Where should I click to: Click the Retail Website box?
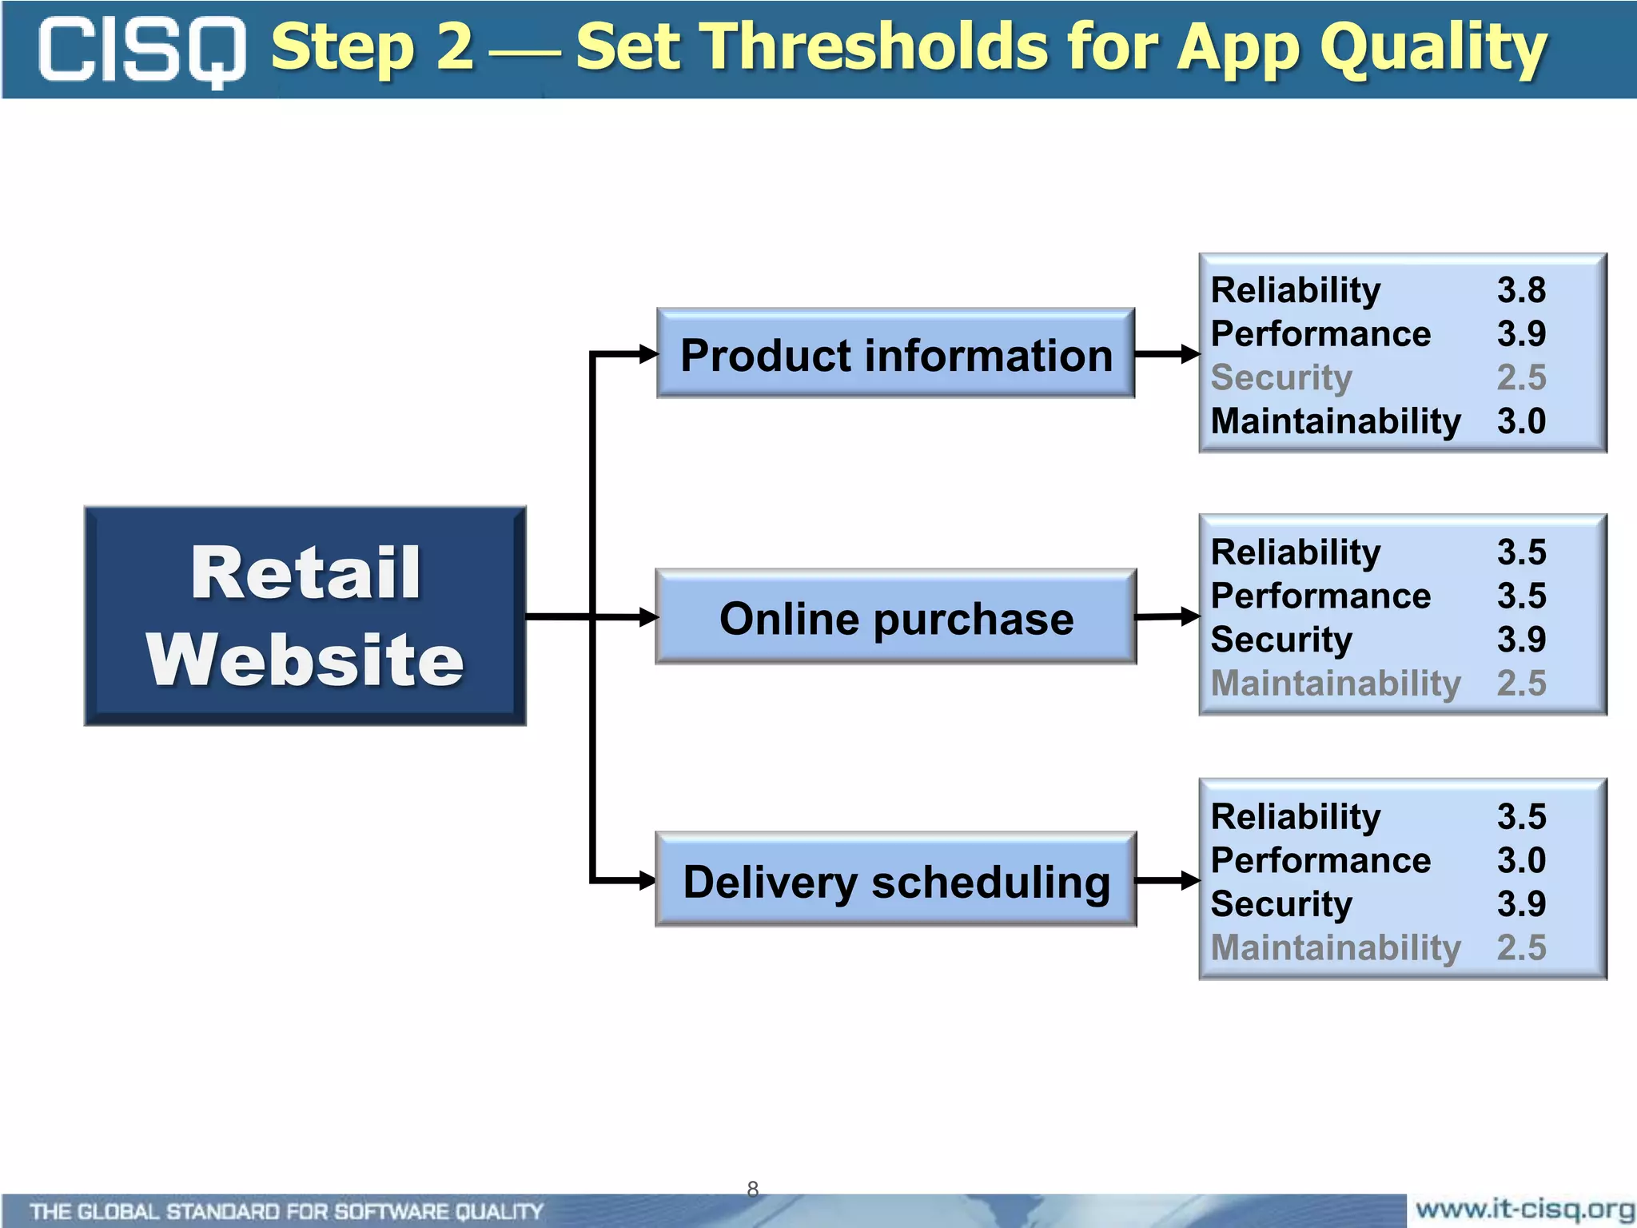pos(305,616)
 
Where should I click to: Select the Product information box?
pos(895,353)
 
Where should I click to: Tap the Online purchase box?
pos(895,617)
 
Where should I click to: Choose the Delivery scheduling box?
pos(895,880)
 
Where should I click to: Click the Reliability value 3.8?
pos(1520,290)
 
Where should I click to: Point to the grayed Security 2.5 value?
pos(1520,377)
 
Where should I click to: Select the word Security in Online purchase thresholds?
pos(1281,640)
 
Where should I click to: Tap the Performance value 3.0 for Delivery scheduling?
pos(1520,860)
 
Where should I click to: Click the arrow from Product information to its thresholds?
pos(1167,353)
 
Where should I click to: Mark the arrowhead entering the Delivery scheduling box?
pos(647,880)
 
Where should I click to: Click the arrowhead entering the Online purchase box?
pos(647,617)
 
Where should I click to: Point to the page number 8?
pos(752,1189)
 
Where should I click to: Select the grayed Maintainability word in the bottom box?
pos(1336,948)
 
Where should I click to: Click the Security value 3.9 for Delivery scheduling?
pos(1520,904)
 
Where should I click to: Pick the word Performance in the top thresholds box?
pos(1320,334)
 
